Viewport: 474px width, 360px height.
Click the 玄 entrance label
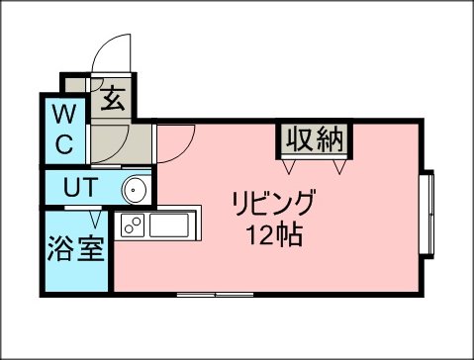coord(113,99)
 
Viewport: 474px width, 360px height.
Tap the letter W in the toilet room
coord(65,114)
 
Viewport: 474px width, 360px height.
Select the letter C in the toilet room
coord(64,143)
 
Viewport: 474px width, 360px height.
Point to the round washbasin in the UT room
coord(135,190)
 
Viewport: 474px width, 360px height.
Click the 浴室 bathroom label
coord(76,249)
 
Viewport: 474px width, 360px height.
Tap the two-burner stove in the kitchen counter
coord(133,225)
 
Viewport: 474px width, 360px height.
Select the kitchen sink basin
coord(169,225)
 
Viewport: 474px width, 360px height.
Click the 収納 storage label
coord(315,139)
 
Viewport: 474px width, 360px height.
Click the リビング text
coord(273,203)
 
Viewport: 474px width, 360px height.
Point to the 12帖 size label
coord(275,234)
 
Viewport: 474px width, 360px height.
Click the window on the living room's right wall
coord(427,214)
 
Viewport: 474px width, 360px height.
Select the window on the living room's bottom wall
coord(215,295)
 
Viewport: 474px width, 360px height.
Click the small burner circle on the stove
coord(129,229)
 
